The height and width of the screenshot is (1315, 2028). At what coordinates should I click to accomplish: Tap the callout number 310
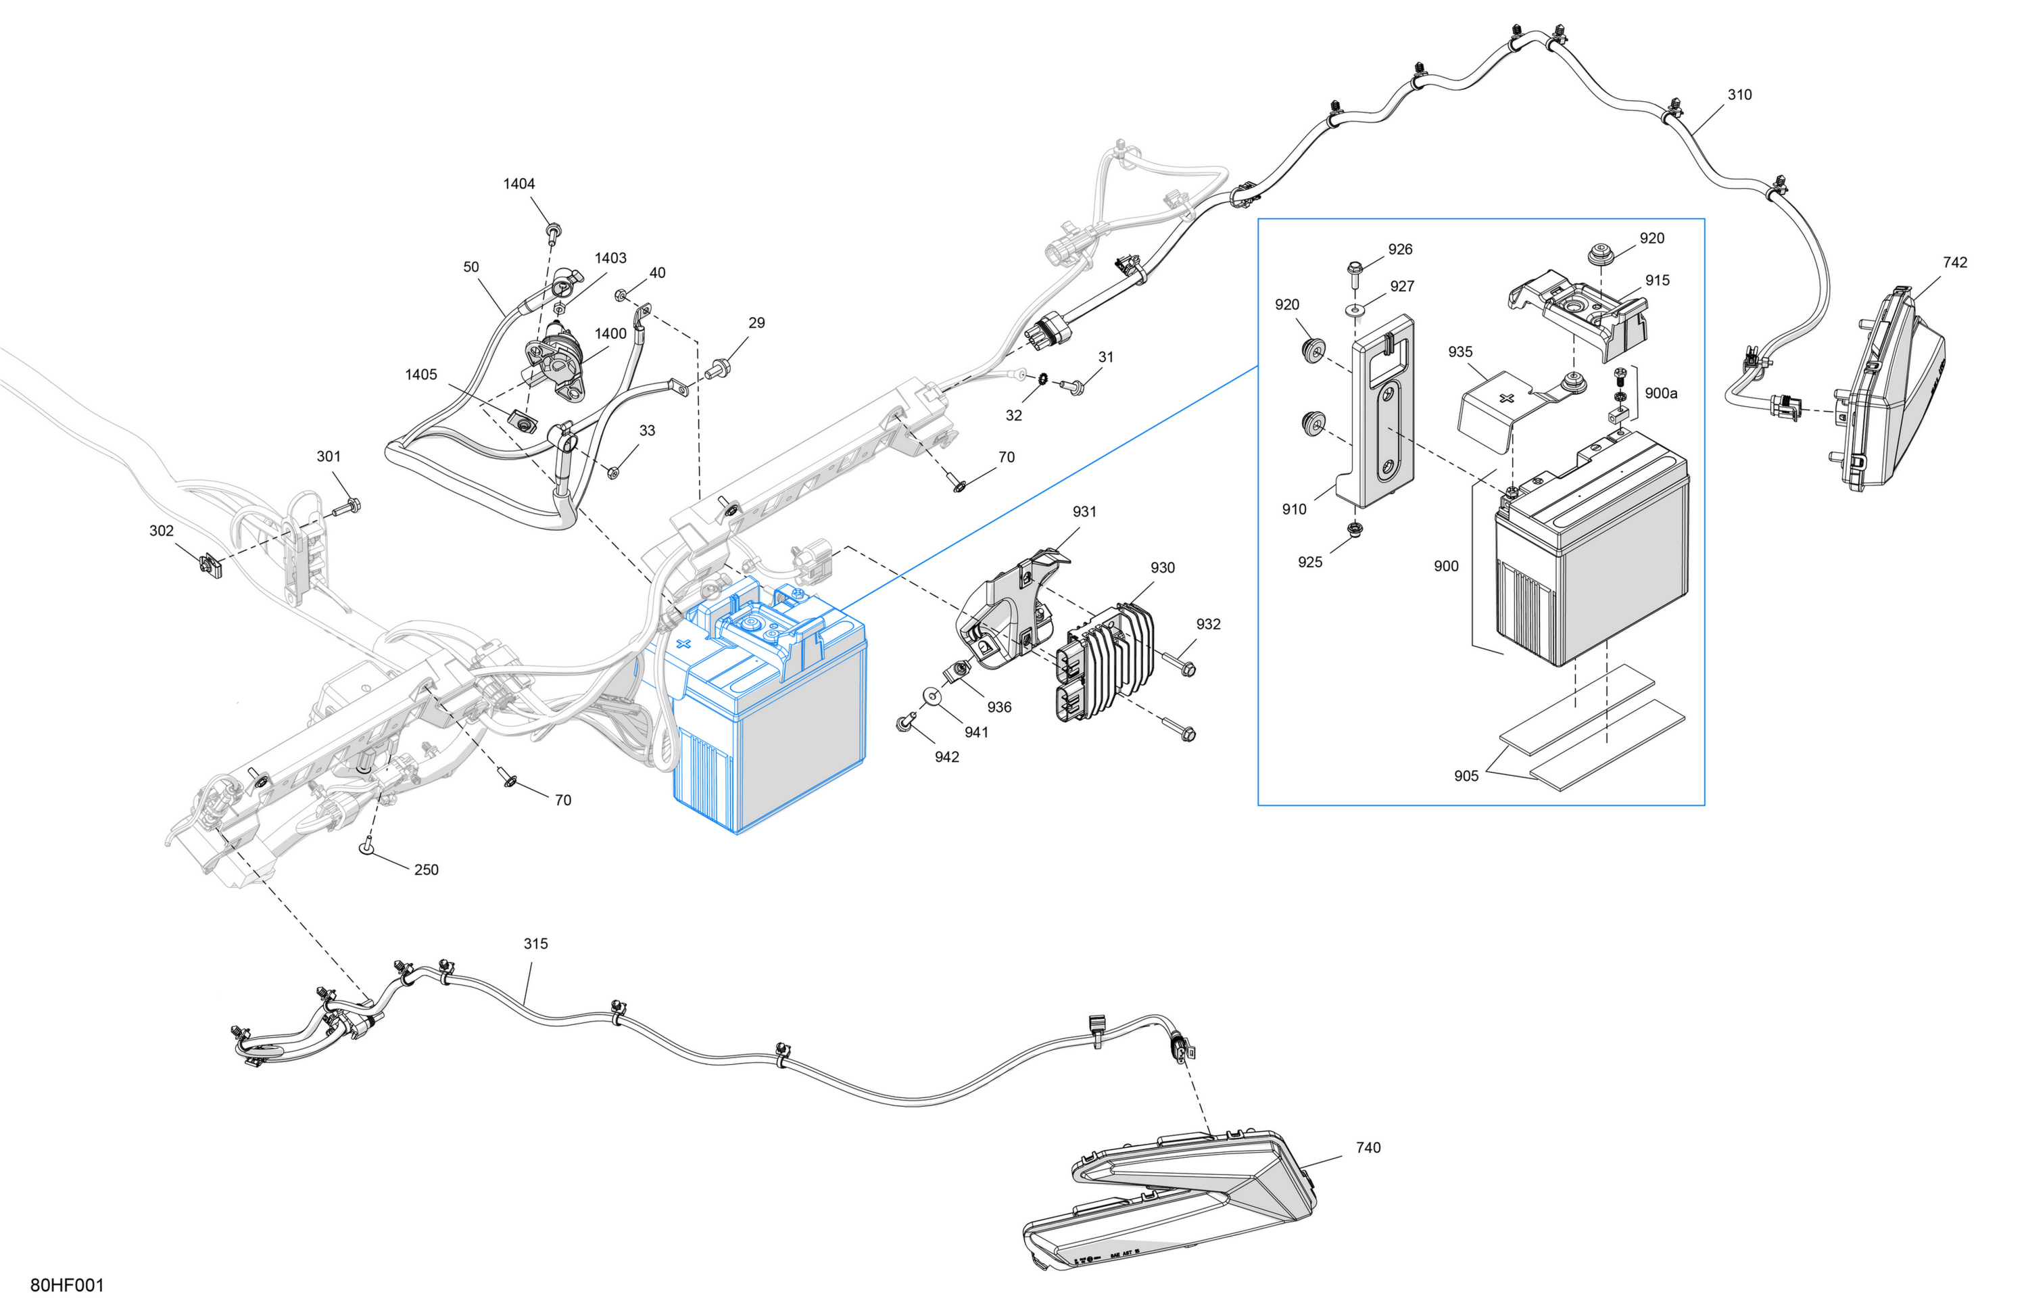pos(1739,95)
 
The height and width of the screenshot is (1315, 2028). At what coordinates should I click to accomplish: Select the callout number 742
pos(1955,262)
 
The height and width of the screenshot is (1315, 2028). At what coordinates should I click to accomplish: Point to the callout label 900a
pos(1661,393)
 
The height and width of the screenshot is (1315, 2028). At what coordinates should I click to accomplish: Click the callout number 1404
pos(519,183)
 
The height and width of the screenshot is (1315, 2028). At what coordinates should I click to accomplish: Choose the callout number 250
pos(426,869)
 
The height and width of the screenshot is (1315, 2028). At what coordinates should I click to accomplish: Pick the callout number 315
pos(535,943)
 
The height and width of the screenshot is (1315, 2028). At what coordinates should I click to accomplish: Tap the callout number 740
pos(1368,1147)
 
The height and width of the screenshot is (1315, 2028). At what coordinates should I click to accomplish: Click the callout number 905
pos(1466,775)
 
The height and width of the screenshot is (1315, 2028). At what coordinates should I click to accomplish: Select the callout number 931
pos(1084,511)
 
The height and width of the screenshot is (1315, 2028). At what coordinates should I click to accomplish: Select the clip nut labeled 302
pos(210,565)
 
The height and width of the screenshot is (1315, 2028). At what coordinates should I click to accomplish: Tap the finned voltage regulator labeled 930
pos(1105,661)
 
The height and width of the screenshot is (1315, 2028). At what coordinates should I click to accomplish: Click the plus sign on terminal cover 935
pos(1507,398)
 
